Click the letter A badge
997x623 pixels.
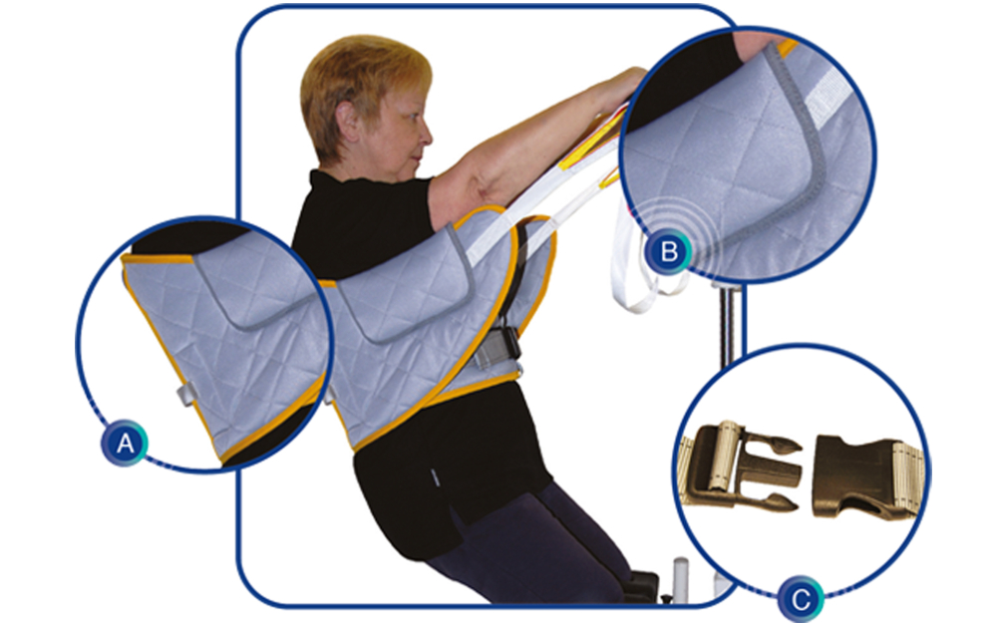tap(125, 443)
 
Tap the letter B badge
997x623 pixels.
tap(668, 252)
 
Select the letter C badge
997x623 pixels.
tap(801, 599)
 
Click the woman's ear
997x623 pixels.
tap(348, 122)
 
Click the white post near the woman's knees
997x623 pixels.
tap(680, 577)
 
